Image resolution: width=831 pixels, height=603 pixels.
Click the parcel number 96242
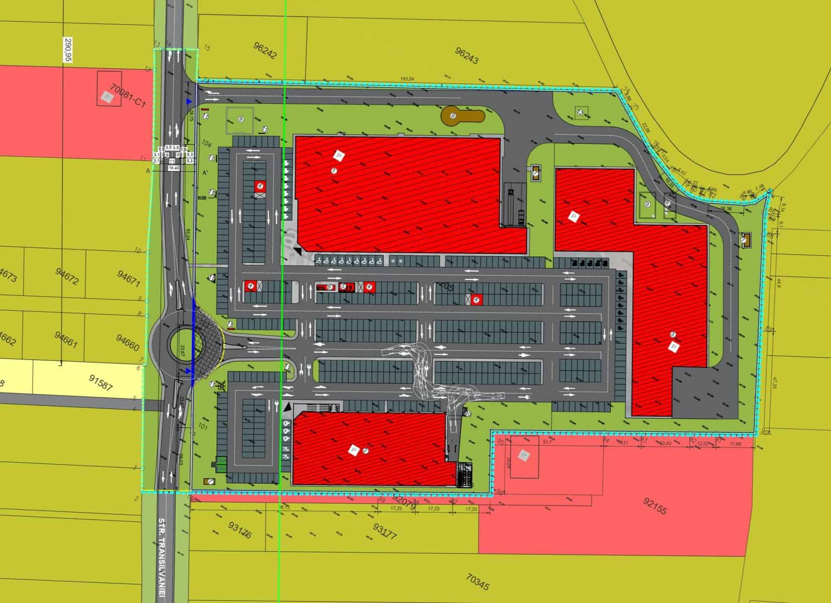pyautogui.click(x=265, y=51)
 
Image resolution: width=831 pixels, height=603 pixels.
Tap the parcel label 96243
pyautogui.click(x=467, y=56)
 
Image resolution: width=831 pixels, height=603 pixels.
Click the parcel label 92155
pyautogui.click(x=654, y=507)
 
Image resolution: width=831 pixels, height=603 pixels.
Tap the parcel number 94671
pyautogui.click(x=128, y=278)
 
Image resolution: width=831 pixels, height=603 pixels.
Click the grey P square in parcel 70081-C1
pyautogui.click(x=106, y=96)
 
